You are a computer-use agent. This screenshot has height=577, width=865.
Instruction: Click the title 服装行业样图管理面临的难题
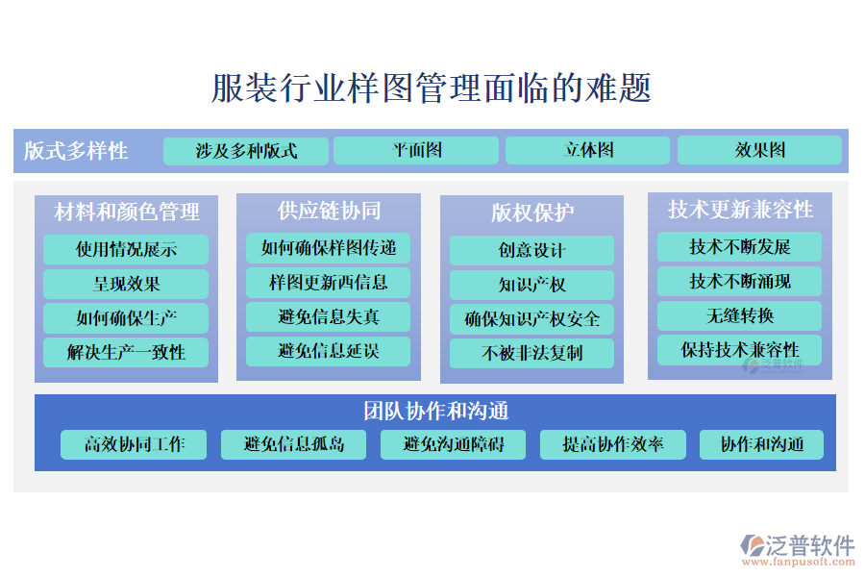point(432,88)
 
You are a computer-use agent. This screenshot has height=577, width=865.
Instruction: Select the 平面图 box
point(416,150)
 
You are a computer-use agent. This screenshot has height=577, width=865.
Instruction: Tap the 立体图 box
point(587,150)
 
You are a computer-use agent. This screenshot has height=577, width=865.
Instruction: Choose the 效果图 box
point(759,150)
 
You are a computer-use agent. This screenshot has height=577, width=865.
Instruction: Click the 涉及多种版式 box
point(246,151)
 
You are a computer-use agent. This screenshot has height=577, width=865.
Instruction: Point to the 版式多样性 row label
point(76,151)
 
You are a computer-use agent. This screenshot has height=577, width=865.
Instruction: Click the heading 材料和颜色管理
point(127,212)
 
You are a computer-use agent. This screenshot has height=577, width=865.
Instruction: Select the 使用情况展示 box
point(126,250)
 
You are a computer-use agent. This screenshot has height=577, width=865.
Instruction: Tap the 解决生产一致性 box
point(126,352)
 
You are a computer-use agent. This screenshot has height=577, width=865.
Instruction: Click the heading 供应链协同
point(329,210)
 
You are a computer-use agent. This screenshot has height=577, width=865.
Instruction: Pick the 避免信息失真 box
point(329,316)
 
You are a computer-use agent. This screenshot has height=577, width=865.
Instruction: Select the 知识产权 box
point(531,285)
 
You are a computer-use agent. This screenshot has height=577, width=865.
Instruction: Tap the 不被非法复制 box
point(531,353)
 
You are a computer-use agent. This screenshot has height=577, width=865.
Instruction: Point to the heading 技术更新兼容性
point(740,210)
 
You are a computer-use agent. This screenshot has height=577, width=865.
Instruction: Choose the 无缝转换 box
point(739,315)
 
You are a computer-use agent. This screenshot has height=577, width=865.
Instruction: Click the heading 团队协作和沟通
point(435,411)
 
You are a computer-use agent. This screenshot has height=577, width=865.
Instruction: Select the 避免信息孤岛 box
point(293,444)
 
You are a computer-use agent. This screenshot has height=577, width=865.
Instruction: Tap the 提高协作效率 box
point(612,444)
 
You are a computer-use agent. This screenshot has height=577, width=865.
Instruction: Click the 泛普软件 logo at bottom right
point(797,548)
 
